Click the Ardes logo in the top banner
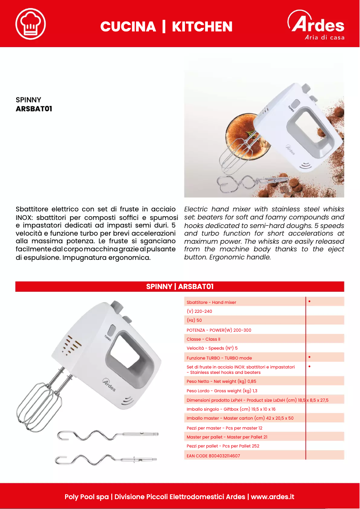pos(316,26)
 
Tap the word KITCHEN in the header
pos(202,26)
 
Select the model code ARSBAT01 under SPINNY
pos(34,108)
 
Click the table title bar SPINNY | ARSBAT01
pos(180,286)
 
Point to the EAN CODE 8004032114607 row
pos(213,456)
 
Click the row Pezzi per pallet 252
pos(223,446)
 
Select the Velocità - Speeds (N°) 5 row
pos(212,348)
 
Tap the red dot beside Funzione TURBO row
pos(310,357)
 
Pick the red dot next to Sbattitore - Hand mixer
pos(310,301)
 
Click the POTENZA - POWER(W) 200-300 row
pos(219,330)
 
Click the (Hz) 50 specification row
pos(194,320)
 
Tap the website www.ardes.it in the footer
pos(272,497)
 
